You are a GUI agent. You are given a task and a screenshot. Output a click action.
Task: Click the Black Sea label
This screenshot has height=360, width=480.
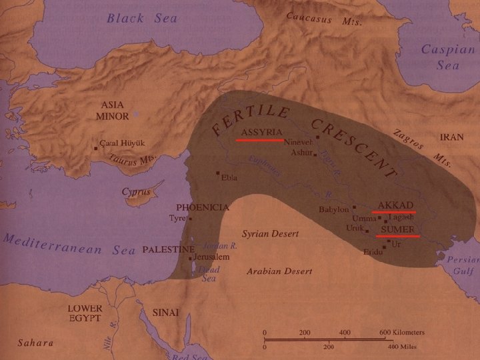coord(143,19)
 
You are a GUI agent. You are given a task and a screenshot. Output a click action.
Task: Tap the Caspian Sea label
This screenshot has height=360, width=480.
coord(447,57)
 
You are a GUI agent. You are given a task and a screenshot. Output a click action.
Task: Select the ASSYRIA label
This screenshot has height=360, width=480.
coord(262,131)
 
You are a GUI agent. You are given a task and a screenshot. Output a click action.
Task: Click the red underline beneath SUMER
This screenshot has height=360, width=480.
coord(397,236)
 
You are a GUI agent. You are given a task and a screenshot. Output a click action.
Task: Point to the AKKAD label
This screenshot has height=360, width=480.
coord(396,204)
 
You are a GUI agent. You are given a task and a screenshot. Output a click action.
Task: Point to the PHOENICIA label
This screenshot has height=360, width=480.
coord(202,207)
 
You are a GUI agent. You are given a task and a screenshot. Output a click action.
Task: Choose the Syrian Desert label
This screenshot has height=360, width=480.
coord(270,235)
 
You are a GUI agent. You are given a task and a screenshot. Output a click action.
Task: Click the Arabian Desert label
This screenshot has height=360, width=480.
coord(275,271)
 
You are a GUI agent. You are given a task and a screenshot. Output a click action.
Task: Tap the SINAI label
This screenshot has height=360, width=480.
coord(167,311)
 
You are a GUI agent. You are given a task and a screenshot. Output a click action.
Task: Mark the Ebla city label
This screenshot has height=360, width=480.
coord(229,177)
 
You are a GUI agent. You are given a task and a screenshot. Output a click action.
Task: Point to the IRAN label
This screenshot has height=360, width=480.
coord(451,137)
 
